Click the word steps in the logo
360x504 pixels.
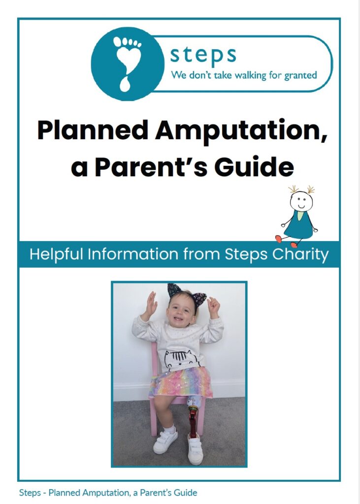(203, 55)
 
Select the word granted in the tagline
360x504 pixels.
(301, 76)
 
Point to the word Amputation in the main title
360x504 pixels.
(241, 130)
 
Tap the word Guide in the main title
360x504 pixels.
(254, 167)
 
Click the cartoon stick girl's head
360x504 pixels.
(301, 201)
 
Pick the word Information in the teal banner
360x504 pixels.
(133, 254)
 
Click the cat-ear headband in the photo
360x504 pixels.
(187, 294)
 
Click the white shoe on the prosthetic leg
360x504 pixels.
(195, 448)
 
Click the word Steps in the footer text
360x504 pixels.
(30, 493)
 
